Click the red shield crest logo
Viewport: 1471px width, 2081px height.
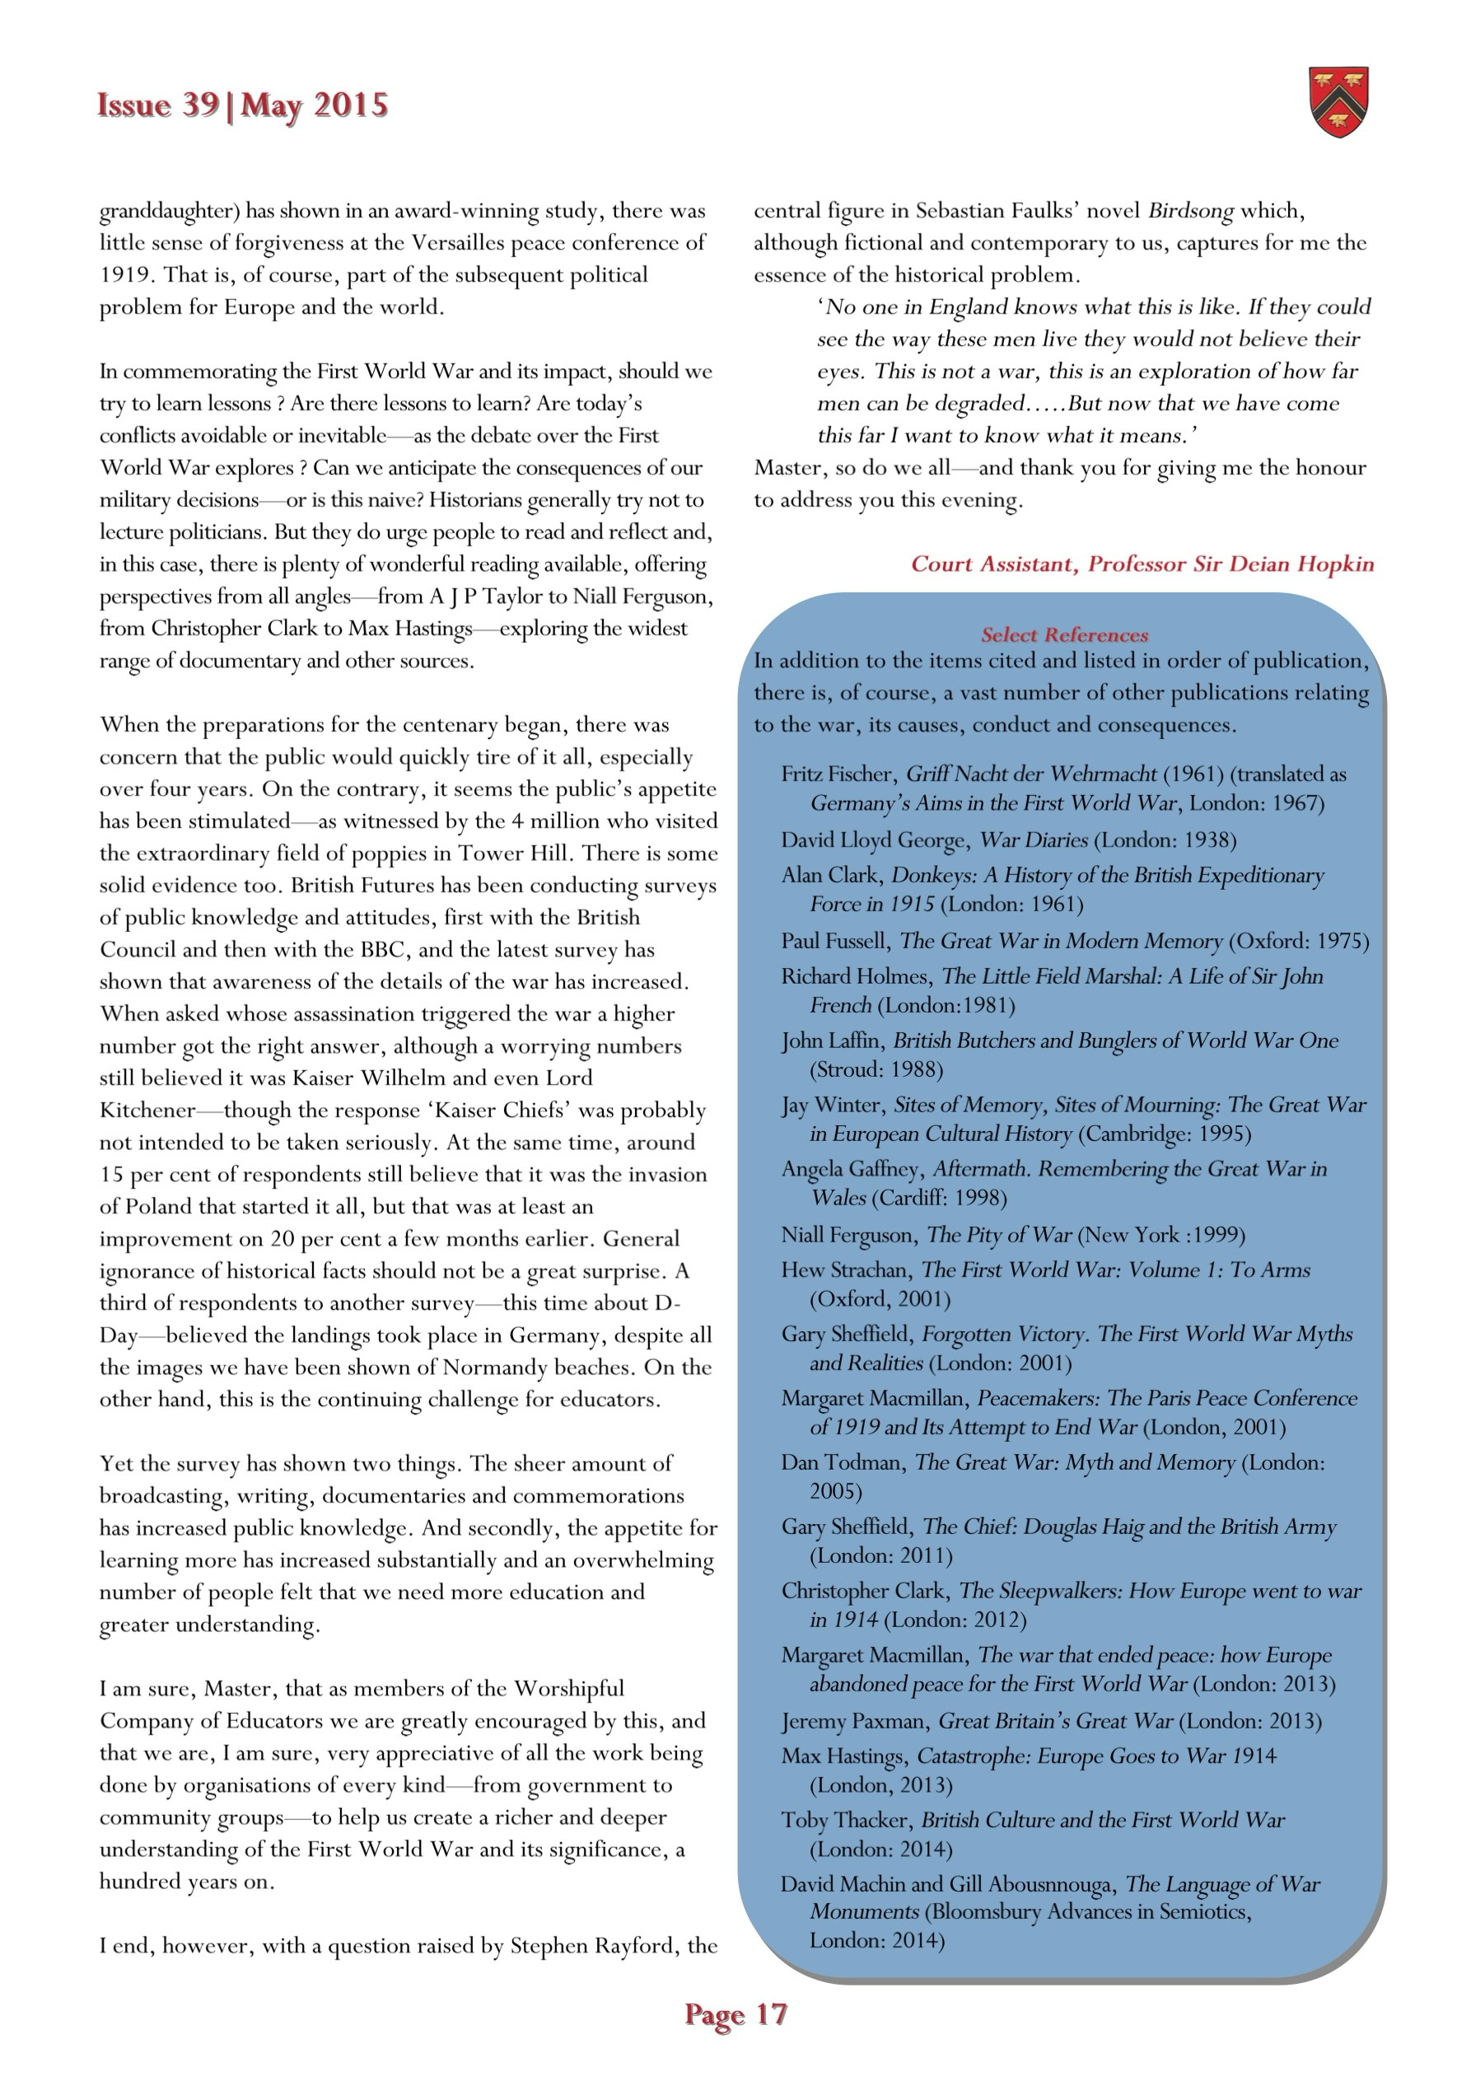click(x=1338, y=102)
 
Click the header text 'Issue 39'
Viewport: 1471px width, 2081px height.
click(x=157, y=105)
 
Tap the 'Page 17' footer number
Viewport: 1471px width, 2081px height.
click(x=735, y=2015)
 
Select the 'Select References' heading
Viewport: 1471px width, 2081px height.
click(x=1064, y=634)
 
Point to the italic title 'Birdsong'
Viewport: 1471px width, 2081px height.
click(x=1190, y=211)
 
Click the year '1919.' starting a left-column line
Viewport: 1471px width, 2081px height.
click(x=126, y=274)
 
